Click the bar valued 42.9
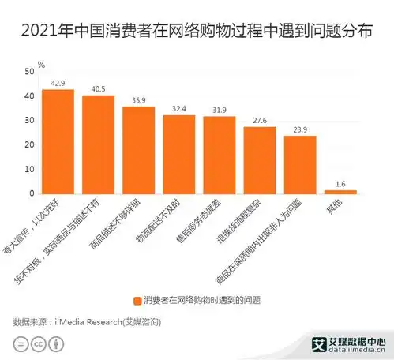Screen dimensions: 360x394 [58, 141]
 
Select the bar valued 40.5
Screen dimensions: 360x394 [98, 144]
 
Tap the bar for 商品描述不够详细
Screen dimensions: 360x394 [138, 150]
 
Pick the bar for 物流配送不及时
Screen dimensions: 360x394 [178, 155]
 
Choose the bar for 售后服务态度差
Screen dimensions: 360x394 [219, 155]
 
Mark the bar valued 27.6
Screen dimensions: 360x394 [259, 160]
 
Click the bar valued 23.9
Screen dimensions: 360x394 [299, 165]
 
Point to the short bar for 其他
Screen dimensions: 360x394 [340, 192]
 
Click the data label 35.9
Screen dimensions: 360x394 [138, 100]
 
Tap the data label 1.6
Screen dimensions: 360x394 [340, 184]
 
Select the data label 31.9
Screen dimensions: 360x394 [219, 110]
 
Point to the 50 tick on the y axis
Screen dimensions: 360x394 [28, 72]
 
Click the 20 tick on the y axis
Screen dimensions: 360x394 [28, 145]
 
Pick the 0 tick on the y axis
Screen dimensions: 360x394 [31, 193]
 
